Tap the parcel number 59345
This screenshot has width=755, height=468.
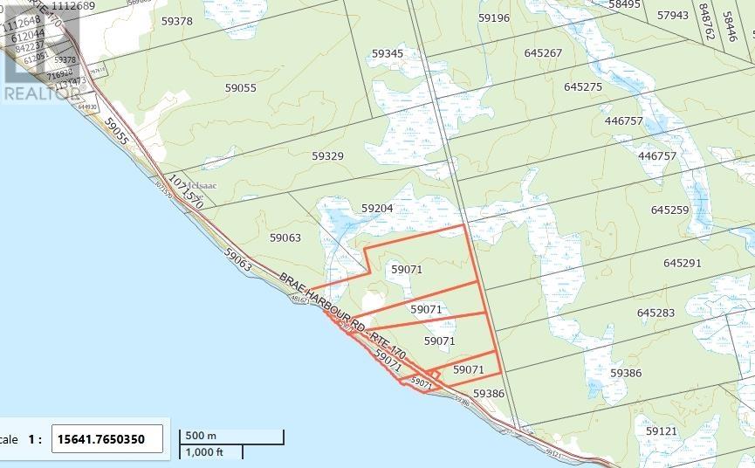click(x=388, y=54)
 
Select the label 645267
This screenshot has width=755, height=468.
click(x=544, y=53)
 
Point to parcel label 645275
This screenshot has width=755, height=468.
click(x=583, y=87)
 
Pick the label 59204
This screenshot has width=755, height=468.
click(x=377, y=209)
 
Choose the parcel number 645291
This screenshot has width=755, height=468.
click(x=683, y=264)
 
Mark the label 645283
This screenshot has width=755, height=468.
click(x=656, y=313)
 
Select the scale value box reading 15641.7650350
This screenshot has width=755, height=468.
click(x=108, y=439)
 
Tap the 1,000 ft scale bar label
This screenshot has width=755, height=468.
click(x=202, y=451)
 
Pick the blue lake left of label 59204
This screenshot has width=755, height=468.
click(x=336, y=218)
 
